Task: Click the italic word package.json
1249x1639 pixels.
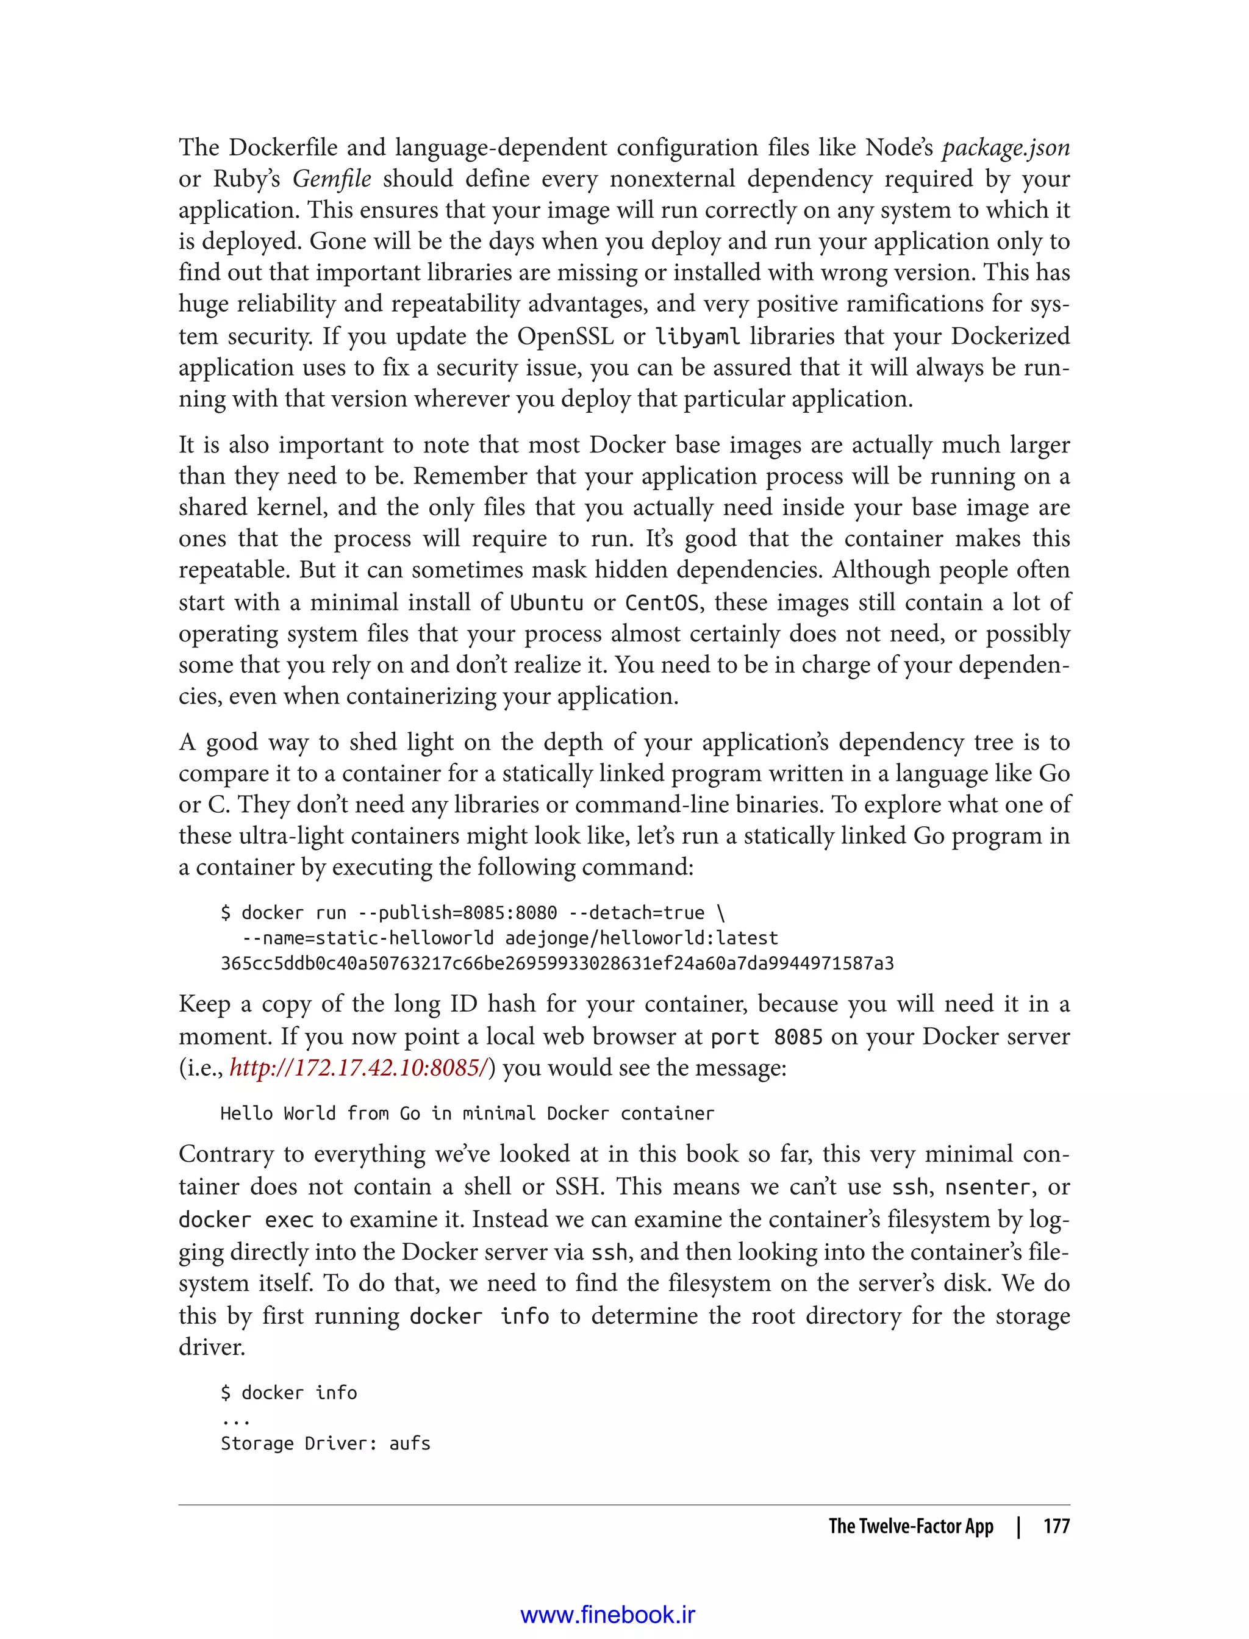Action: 1005,149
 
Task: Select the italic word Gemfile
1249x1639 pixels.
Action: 332,180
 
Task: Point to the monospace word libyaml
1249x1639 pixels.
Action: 697,337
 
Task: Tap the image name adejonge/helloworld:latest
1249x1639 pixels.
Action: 642,938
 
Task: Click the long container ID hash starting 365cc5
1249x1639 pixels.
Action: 557,964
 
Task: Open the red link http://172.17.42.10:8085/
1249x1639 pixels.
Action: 360,1068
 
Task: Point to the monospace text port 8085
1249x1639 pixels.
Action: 767,1037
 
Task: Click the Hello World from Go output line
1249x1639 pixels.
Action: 467,1113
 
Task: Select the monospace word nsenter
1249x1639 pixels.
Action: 987,1187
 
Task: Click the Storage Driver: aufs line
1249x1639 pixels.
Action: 326,1443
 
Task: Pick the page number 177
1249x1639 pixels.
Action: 1056,1526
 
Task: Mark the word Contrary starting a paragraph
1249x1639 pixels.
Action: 224,1154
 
